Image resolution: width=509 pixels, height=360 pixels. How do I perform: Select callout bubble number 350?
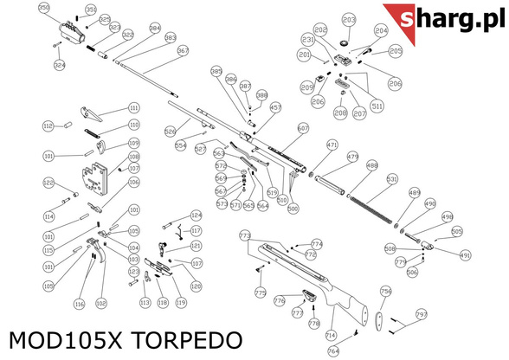coord(43,8)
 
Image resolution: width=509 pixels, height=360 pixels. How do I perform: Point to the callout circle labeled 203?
coord(349,19)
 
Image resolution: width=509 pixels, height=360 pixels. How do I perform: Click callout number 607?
coord(302,128)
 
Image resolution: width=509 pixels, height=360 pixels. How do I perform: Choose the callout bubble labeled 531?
coord(391,179)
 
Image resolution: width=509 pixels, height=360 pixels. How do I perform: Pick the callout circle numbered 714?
coord(330,335)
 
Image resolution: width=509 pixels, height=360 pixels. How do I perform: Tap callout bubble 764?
coord(333,351)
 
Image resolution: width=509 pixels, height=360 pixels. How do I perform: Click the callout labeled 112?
coord(48,126)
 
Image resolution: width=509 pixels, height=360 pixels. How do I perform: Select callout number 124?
coord(196,215)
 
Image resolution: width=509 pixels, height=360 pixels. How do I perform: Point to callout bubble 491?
coord(465,256)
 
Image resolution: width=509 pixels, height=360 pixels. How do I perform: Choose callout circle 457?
coord(276,108)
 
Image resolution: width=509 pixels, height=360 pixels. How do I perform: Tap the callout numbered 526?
coord(171,132)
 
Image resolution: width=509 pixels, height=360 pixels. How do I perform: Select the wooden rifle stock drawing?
coord(312,277)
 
